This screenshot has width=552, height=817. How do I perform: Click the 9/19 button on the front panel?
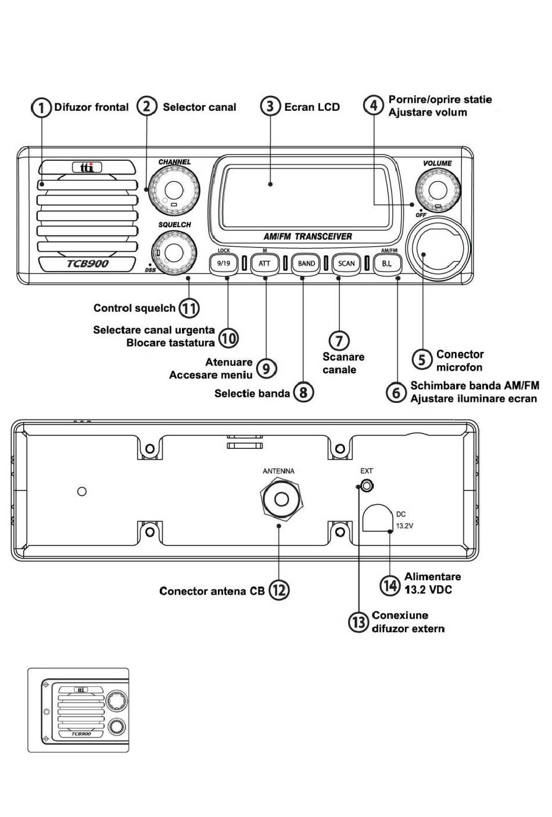[x=224, y=263]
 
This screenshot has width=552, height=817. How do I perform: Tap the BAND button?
[x=306, y=263]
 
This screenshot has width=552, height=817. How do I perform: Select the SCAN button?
[x=346, y=263]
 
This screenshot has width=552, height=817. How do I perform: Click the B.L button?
[x=386, y=263]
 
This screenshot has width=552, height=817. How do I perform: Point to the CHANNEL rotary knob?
[x=173, y=190]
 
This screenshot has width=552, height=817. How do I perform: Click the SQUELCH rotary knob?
[x=173, y=253]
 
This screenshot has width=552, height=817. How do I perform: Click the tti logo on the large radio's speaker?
[x=87, y=168]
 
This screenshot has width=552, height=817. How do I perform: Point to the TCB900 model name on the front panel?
[x=87, y=263]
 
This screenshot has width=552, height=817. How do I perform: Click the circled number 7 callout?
[x=339, y=340]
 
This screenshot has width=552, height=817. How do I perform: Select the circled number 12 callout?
[x=279, y=591]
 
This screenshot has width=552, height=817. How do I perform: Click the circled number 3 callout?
[x=270, y=106]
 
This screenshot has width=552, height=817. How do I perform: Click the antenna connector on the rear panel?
[x=281, y=500]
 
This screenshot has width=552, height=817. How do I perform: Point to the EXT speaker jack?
[x=366, y=486]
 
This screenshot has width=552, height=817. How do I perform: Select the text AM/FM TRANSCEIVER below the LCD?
[x=307, y=236]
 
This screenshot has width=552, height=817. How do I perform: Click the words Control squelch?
[x=134, y=308]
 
